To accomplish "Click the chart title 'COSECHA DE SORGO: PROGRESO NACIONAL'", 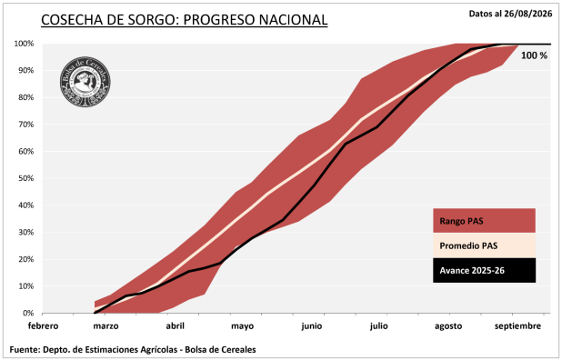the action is [x=185, y=20].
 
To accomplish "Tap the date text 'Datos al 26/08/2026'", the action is [x=510, y=14].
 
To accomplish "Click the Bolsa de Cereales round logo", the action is [x=85, y=82].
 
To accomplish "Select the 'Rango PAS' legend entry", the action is [x=484, y=221].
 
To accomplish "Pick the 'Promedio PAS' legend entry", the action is [x=484, y=245].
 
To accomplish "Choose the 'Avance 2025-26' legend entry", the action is [x=484, y=270].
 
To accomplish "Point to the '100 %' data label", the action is [x=534, y=55].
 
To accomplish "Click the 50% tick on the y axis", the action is [x=25, y=178].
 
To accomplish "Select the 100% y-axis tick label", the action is [x=24, y=44].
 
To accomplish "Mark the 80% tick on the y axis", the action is [x=25, y=97].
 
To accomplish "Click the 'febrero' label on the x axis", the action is [x=43, y=326].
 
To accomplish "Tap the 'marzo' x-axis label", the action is [x=105, y=326].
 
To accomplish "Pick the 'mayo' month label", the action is [x=242, y=326].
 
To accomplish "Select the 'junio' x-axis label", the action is [x=312, y=326].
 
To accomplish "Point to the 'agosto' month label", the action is [x=448, y=326].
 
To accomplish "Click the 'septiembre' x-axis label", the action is [x=518, y=326].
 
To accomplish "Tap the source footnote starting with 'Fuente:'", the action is [x=133, y=350].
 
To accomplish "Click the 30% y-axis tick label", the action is [x=25, y=232].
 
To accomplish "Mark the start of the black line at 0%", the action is [x=95, y=313].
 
